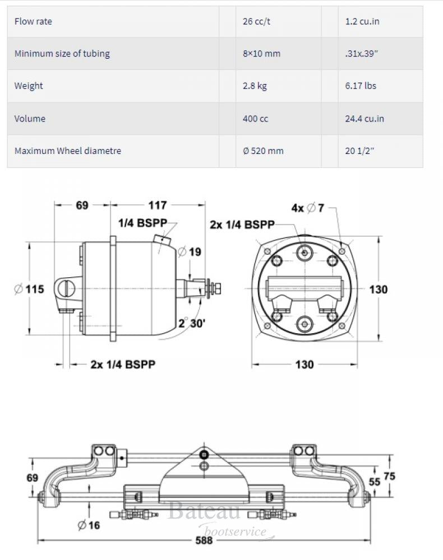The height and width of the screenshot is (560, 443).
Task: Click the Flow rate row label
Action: [x=33, y=22]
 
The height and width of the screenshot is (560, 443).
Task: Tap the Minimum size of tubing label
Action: [x=62, y=54]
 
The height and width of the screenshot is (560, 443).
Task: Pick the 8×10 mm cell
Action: [x=261, y=54]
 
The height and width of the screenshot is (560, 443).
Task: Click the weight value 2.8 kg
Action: [x=255, y=86]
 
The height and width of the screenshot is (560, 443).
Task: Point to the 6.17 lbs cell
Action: [x=361, y=86]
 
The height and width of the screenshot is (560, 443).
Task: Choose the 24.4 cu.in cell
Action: [x=364, y=119]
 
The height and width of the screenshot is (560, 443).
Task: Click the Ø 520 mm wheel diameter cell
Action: [x=264, y=151]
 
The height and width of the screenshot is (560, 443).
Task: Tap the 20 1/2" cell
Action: [x=360, y=151]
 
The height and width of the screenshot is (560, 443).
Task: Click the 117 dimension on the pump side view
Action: [x=158, y=206]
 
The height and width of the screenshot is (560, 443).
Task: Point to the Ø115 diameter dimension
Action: [x=29, y=290]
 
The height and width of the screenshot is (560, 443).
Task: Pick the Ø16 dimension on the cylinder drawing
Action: [x=89, y=525]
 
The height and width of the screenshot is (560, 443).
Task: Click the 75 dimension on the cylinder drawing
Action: [x=404, y=475]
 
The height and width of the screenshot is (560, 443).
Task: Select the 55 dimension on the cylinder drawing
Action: [x=374, y=482]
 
